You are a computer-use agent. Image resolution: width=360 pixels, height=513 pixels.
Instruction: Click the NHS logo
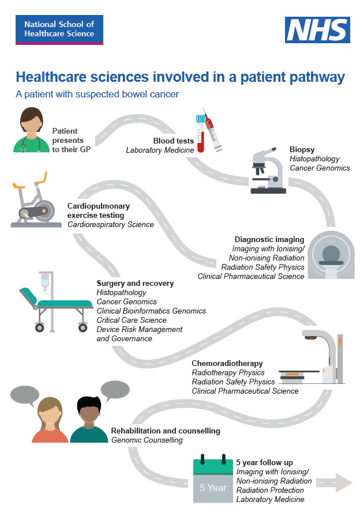[x=317, y=30]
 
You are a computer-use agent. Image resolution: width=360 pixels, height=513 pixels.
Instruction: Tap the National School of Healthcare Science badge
[x=59, y=30]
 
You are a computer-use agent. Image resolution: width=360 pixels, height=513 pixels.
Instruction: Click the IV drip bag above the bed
[x=44, y=281]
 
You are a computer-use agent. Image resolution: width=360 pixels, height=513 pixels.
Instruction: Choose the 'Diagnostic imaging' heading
[x=269, y=239]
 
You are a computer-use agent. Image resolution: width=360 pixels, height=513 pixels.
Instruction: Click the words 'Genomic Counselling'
[x=147, y=440]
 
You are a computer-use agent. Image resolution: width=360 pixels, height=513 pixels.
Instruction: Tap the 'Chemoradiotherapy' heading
[x=227, y=364]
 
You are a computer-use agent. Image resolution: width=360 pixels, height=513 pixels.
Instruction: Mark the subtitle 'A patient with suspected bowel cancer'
[x=97, y=94]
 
